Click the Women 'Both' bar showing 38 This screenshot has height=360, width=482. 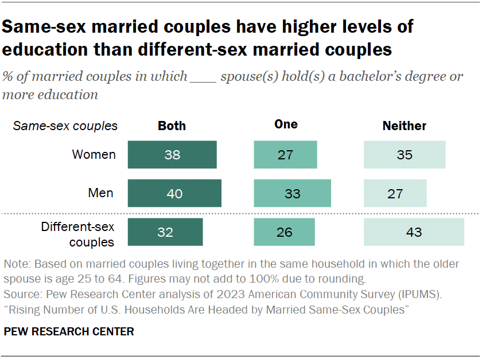pyautogui.click(x=172, y=155)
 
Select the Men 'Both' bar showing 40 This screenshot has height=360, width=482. pyautogui.click(x=174, y=193)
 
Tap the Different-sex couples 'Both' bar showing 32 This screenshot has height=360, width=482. pyautogui.click(x=165, y=232)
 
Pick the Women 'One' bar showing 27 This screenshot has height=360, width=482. pyautogui.click(x=285, y=155)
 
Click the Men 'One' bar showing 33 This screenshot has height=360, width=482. pyautogui.click(x=293, y=193)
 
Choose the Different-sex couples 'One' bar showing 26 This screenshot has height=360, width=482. pyautogui.click(x=284, y=232)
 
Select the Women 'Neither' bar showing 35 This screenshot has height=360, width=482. pyautogui.click(x=405, y=155)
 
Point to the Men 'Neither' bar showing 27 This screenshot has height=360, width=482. pyautogui.click(x=395, y=193)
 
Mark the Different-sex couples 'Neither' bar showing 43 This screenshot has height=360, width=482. pyautogui.click(x=414, y=232)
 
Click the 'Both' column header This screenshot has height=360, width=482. pyautogui.click(x=172, y=126)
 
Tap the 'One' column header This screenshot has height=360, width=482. pyautogui.click(x=286, y=124)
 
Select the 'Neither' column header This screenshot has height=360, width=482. pyautogui.click(x=405, y=126)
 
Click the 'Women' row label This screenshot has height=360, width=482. pyautogui.click(x=94, y=155)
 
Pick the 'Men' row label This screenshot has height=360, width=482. pyautogui.click(x=101, y=193)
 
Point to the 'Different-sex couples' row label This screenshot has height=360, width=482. pyautogui.click(x=77, y=234)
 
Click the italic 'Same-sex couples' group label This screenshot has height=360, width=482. pyautogui.click(x=65, y=126)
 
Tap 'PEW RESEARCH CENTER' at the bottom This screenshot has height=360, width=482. pyautogui.click(x=68, y=331)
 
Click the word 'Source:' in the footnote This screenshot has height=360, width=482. pyautogui.click(x=22, y=295)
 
